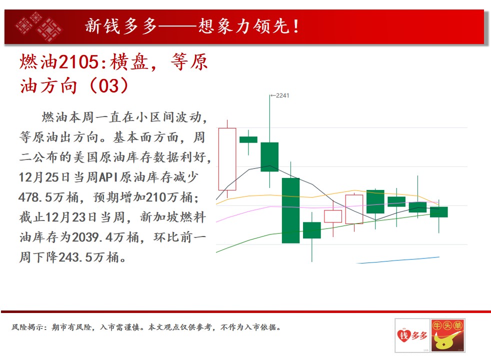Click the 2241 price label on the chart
pos(282,95)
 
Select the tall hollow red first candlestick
pos(227,159)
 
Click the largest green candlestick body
pos(290,210)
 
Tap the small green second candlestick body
pos(248,139)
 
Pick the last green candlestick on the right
pos(438,212)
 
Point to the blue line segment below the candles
pos(397,260)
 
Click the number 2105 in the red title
pos(78,61)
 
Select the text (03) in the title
pos(108,85)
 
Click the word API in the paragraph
pos(108,177)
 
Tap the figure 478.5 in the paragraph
pos(35,197)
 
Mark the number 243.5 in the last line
pos(75,257)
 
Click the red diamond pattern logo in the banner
pos(39,26)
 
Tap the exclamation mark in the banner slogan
pos(296,26)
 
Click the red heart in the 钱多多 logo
pos(403,336)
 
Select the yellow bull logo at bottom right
pos(447,335)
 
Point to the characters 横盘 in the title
pos(129,61)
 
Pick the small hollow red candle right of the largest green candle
pos(333,216)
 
